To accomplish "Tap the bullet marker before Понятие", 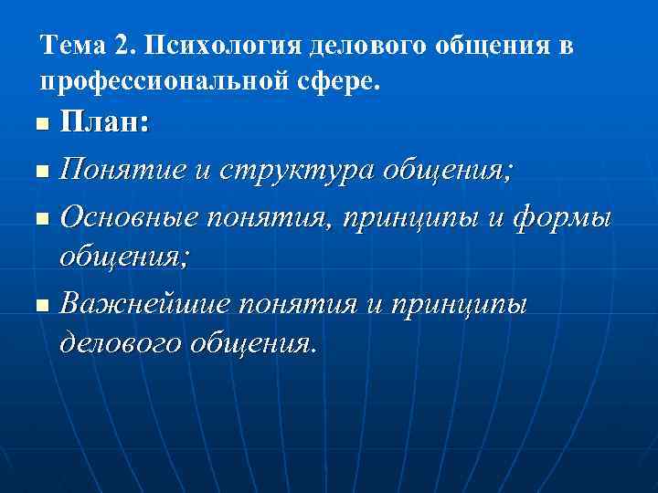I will pos(37,171).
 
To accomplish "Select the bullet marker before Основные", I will pos(37,219).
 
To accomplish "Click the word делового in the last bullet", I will pos(119,343).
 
